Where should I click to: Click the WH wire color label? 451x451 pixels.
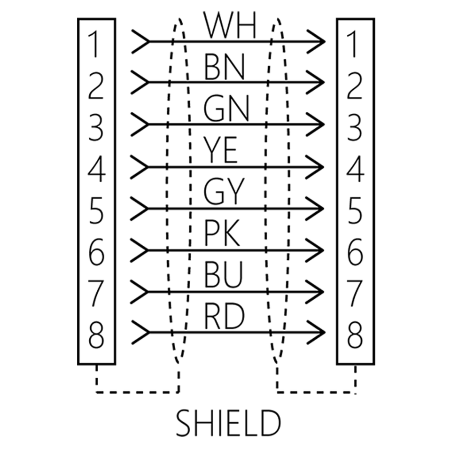tap(230, 25)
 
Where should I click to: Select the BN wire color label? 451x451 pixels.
tap(225, 67)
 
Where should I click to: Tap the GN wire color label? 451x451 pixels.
tap(226, 109)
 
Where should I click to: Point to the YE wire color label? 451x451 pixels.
tap(220, 150)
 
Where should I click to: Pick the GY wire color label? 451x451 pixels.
tap(224, 191)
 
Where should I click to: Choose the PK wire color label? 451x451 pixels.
tap(222, 233)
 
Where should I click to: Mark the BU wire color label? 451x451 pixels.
tap(224, 274)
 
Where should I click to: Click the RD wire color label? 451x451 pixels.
tap(224, 316)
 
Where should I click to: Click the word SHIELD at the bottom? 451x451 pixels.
tap(228, 423)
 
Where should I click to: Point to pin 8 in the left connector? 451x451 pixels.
tap(96, 335)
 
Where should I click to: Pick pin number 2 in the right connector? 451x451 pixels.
tap(354, 86)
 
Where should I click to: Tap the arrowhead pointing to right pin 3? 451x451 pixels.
tap(315, 124)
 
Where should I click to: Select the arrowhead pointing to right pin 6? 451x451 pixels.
tap(315, 250)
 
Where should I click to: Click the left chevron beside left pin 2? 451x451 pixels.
tap(140, 82)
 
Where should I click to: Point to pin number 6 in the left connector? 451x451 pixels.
tap(96, 252)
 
